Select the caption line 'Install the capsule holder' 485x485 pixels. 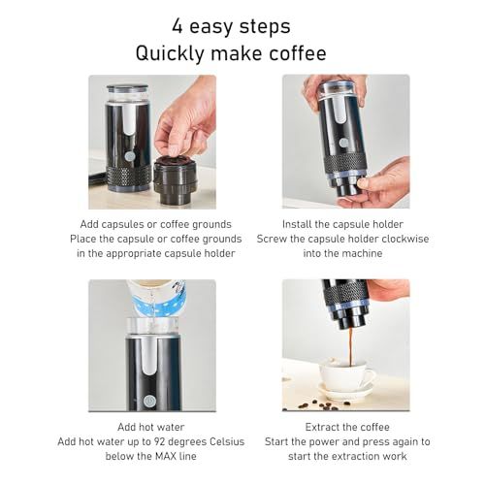346,222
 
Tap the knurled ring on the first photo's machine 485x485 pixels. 128,178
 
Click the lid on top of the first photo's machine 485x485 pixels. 128,89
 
